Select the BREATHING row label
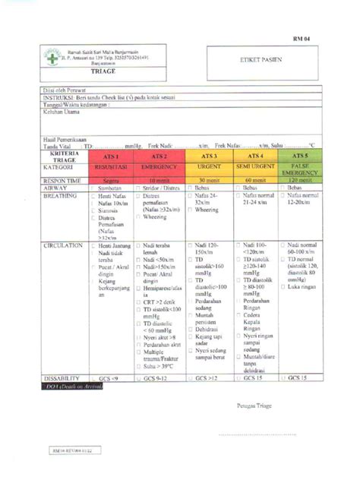[61, 194]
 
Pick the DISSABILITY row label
[63, 377]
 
